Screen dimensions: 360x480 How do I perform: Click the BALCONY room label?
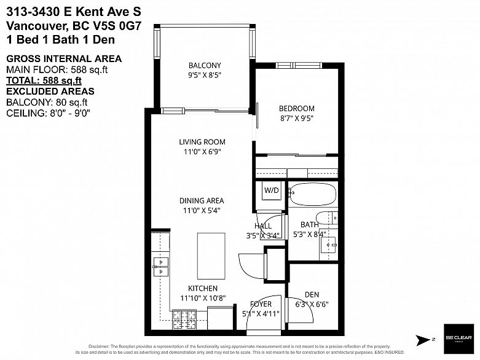[x=204, y=66]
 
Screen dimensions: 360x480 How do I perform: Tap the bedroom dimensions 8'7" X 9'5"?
[x=297, y=119]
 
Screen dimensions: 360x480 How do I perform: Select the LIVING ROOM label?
[x=202, y=142]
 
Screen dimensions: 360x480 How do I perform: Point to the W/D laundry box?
[x=271, y=190]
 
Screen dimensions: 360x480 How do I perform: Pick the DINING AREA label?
[x=201, y=201]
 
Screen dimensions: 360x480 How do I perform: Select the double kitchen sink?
[x=161, y=267]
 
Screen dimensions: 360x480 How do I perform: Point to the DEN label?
[x=312, y=295]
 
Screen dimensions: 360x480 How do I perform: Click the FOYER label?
[x=261, y=304]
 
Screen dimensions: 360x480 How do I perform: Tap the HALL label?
[x=262, y=226]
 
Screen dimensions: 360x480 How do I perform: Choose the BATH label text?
[x=309, y=225]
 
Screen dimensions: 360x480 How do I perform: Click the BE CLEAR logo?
[x=458, y=338]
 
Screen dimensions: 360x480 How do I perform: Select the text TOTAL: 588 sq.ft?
[x=44, y=80]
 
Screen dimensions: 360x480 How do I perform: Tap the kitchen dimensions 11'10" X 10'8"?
[x=203, y=298]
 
